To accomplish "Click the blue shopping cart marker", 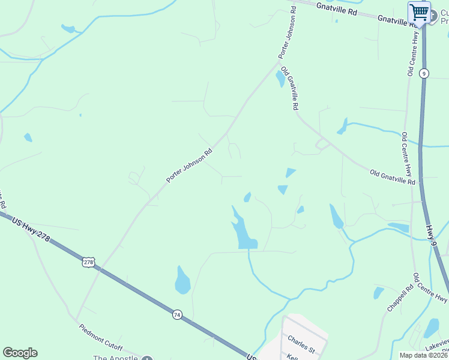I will click(x=419, y=12).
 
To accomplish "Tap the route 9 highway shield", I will click(x=424, y=73).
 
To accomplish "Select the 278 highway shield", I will click(x=89, y=262).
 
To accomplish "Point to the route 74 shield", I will click(x=177, y=314).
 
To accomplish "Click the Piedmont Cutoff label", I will click(x=101, y=338).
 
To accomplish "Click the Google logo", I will click(x=20, y=353).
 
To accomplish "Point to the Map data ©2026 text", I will click(x=423, y=355).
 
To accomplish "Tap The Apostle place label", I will click(x=115, y=358).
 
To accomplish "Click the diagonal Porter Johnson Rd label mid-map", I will click(x=190, y=166).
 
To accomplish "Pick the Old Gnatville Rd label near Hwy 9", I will click(x=393, y=176).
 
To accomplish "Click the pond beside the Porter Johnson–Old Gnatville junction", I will click(x=280, y=79).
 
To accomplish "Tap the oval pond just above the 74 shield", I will click(x=182, y=280).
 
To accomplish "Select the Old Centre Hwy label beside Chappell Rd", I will click(x=431, y=288).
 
